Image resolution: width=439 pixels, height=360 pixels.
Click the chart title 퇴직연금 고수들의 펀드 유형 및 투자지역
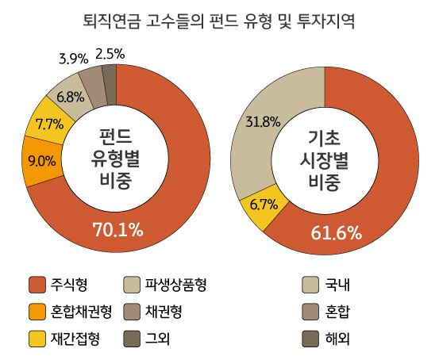click(219, 21)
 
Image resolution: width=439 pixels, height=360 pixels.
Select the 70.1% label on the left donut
click(117, 230)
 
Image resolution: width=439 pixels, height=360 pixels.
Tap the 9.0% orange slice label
click(41, 161)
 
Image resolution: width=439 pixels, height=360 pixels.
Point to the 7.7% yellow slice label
click(49, 124)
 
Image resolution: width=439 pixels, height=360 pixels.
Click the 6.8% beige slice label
click(71, 97)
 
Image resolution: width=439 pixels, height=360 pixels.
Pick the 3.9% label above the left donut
click(73, 58)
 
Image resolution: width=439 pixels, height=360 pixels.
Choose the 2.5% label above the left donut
click(110, 54)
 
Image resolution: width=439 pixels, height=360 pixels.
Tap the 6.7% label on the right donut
click(263, 204)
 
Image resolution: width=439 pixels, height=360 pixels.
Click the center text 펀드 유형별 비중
click(117, 156)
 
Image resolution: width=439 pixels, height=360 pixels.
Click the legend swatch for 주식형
click(37, 284)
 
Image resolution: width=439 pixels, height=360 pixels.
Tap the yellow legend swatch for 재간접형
click(37, 338)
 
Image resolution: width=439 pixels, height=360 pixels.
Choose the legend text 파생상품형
click(175, 284)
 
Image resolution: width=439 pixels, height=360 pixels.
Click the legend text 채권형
click(164, 310)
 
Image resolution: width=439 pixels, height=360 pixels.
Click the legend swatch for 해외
click(313, 338)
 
